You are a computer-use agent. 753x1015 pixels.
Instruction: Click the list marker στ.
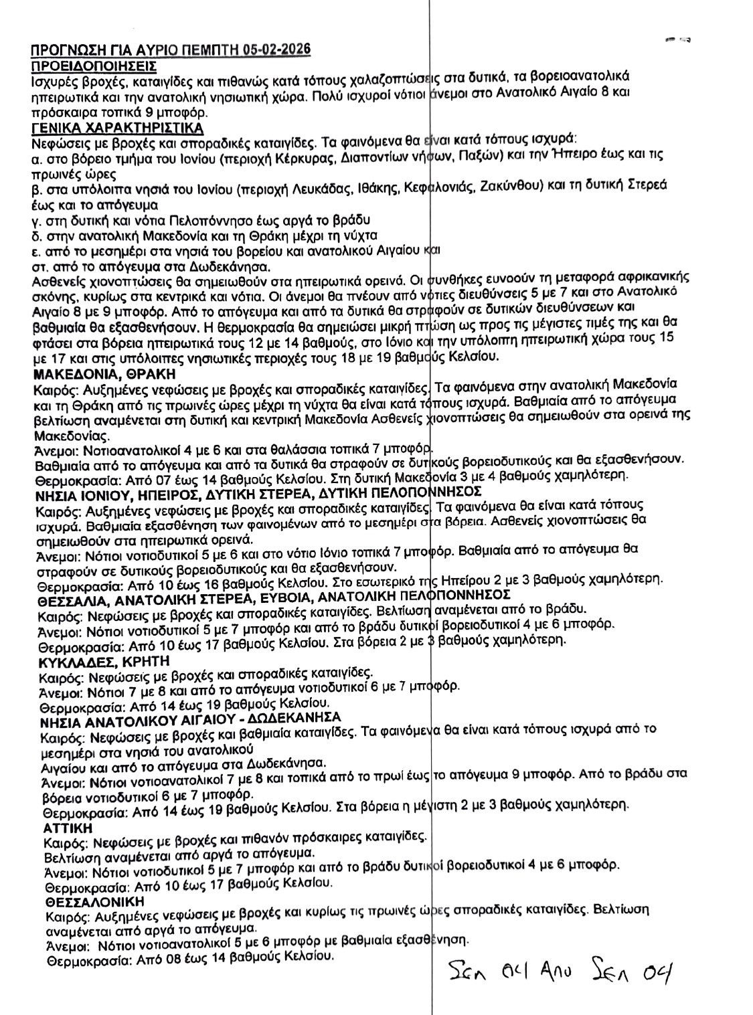(39, 266)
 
